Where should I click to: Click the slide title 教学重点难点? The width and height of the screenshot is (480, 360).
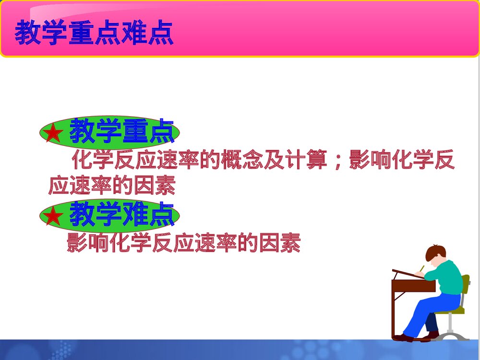94,33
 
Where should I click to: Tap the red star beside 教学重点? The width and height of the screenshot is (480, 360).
53,133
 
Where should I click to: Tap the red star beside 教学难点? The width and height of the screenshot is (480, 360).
53,216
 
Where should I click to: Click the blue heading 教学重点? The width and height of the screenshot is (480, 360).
122,132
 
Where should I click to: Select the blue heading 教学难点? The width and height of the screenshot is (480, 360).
122,214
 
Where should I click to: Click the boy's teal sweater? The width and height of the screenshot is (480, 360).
446,278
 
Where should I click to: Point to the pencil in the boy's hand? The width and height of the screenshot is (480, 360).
422,268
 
